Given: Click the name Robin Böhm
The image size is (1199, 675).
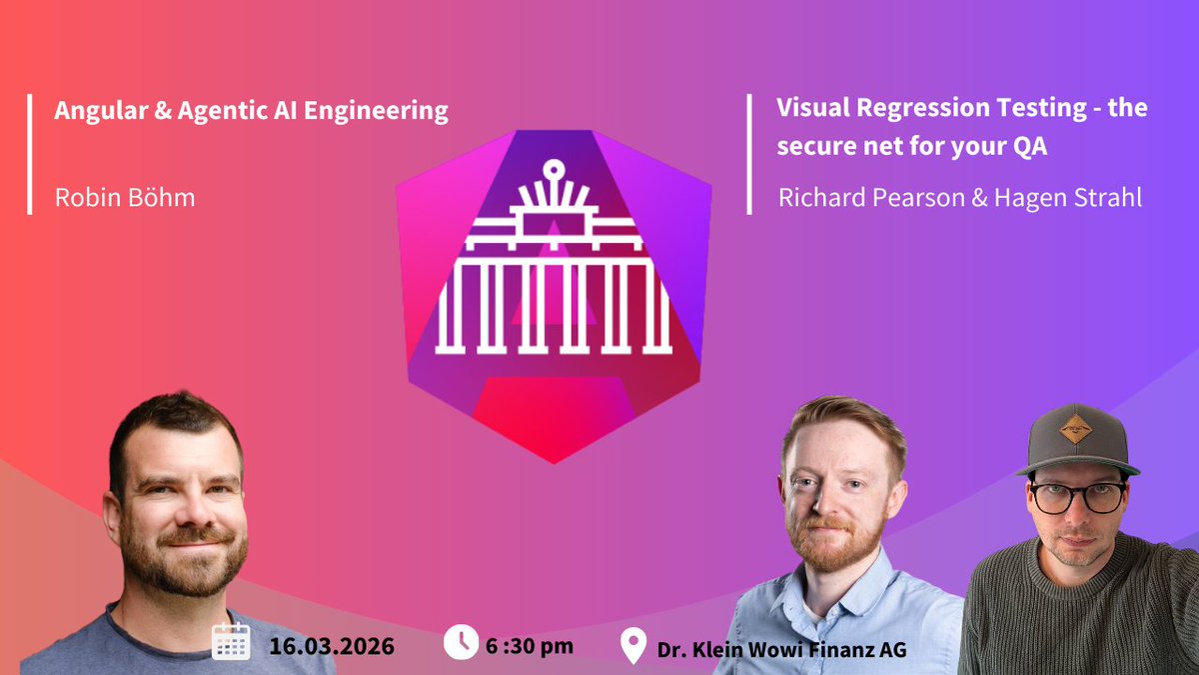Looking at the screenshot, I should coord(125,197).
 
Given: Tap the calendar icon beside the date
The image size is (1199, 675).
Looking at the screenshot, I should coord(231,643).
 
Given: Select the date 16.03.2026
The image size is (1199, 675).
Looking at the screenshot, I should coord(331,645).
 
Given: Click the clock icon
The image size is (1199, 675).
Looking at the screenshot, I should coord(461,642).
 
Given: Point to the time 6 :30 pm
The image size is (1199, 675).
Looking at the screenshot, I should coord(530,645).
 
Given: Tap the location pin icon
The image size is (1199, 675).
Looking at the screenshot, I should coord(632,647).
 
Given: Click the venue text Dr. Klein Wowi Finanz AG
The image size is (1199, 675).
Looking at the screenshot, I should coord(781,649).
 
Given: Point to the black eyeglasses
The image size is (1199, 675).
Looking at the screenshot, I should coord(1077,496).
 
